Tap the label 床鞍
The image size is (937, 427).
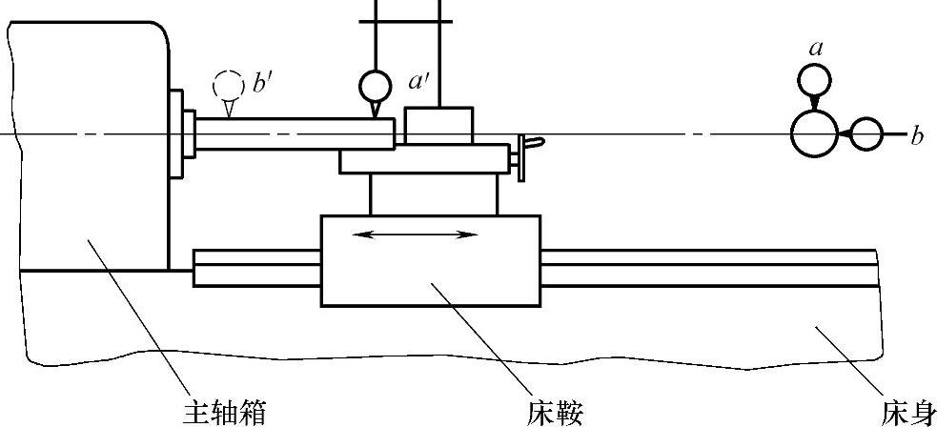(554, 413)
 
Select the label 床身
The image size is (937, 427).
(905, 413)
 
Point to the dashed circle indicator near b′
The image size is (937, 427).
(227, 83)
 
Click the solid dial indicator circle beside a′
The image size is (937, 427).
(375, 88)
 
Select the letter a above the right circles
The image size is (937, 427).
(815, 48)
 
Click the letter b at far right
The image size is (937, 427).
(917, 136)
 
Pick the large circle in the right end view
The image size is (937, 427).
(815, 133)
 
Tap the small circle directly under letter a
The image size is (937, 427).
(814, 78)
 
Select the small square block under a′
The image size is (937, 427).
(438, 125)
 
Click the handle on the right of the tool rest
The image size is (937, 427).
(524, 155)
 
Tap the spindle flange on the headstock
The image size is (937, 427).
(177, 133)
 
